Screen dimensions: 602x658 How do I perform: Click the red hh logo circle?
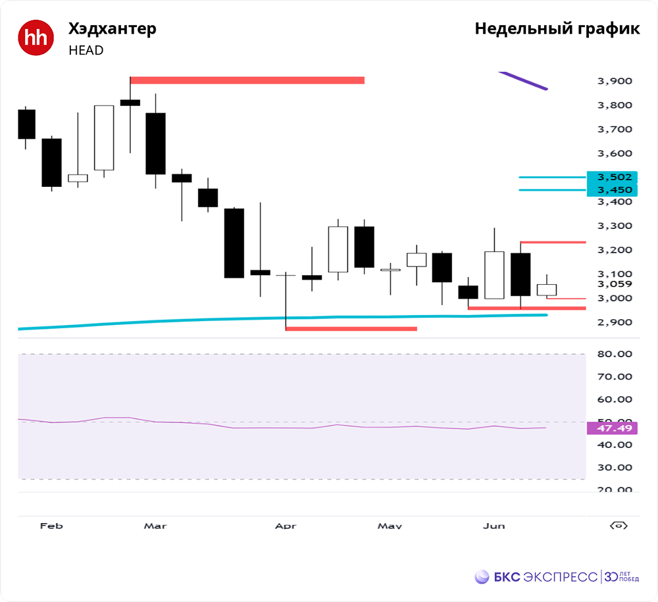click(36, 38)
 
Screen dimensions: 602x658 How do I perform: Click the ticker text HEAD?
click(86, 50)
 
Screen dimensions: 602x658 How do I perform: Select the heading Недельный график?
click(557, 29)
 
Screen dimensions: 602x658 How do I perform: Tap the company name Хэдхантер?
click(113, 29)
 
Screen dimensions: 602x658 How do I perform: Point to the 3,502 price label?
click(614, 177)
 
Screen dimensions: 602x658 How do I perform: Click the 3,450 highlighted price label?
click(614, 190)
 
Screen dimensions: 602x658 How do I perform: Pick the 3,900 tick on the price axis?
click(614, 81)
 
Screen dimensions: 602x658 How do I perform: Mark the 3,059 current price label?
click(614, 284)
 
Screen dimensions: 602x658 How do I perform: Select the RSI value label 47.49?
click(612, 428)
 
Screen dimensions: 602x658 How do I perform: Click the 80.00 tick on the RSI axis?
click(613, 354)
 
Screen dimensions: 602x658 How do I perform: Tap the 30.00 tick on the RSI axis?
click(613, 468)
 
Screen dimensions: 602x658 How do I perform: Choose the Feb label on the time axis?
click(51, 526)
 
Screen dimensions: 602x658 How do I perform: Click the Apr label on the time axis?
click(286, 526)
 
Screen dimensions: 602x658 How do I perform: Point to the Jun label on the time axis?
click(493, 526)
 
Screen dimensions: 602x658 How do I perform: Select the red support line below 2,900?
click(351, 328)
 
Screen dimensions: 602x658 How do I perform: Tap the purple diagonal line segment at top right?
click(524, 80)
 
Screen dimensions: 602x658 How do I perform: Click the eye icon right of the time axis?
click(619, 526)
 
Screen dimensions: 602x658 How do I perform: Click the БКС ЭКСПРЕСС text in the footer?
click(545, 577)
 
